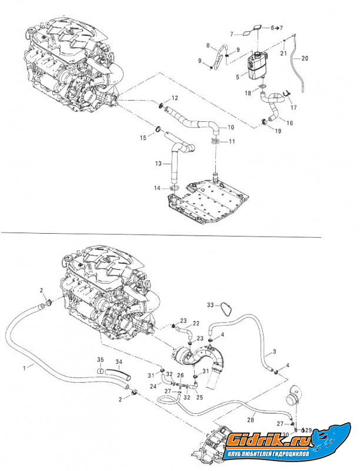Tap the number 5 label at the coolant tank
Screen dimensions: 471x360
tap(237, 77)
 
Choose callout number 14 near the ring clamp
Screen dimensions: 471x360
tap(158, 188)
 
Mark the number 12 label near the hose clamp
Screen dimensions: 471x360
tap(174, 97)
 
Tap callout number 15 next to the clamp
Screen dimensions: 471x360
tap(142, 137)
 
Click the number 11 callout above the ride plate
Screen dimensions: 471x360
tap(231, 141)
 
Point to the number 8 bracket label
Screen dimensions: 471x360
tap(208, 45)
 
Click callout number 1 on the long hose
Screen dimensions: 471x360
tap(24, 367)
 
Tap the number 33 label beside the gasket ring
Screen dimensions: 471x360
tap(211, 304)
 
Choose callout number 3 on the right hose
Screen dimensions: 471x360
tap(274, 351)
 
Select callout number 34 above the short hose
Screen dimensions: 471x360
tap(119, 361)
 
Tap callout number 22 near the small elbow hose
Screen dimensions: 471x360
tap(196, 323)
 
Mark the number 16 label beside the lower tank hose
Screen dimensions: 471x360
tap(290, 122)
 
